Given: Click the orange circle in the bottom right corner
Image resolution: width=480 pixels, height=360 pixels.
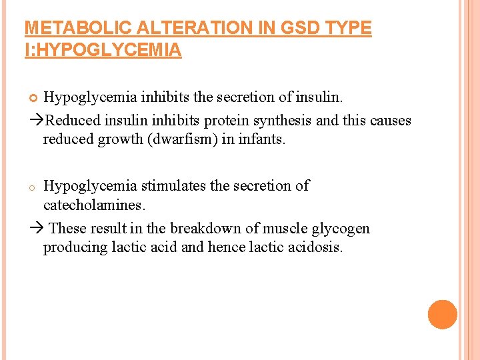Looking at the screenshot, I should pos(443,315).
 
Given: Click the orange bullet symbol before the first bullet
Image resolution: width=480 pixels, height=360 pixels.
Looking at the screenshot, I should pos(35,99).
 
